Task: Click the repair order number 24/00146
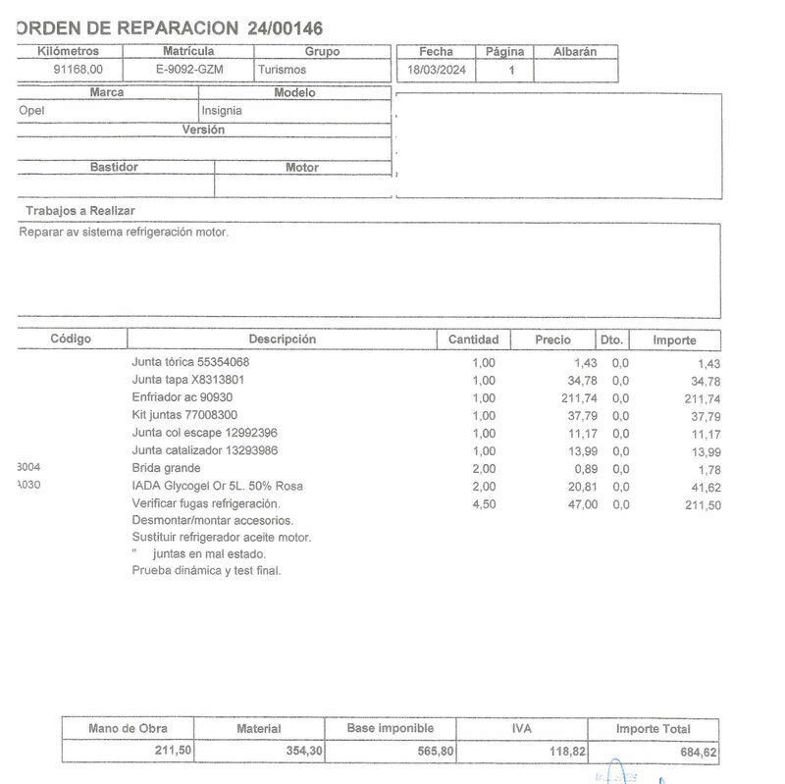(x=286, y=28)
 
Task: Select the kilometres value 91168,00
(x=78, y=70)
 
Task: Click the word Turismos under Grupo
(x=283, y=70)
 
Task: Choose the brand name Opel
(x=32, y=111)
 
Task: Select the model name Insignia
(x=222, y=111)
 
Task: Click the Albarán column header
(x=574, y=51)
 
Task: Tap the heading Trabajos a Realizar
(x=80, y=211)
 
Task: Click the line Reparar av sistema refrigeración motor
(x=124, y=233)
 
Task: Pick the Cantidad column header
(x=474, y=340)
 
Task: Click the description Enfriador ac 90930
(x=183, y=397)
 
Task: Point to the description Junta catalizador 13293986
(x=204, y=450)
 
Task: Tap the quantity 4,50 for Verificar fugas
(x=484, y=504)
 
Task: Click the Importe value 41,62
(x=703, y=488)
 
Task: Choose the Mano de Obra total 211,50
(x=174, y=751)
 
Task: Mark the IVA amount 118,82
(x=564, y=752)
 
